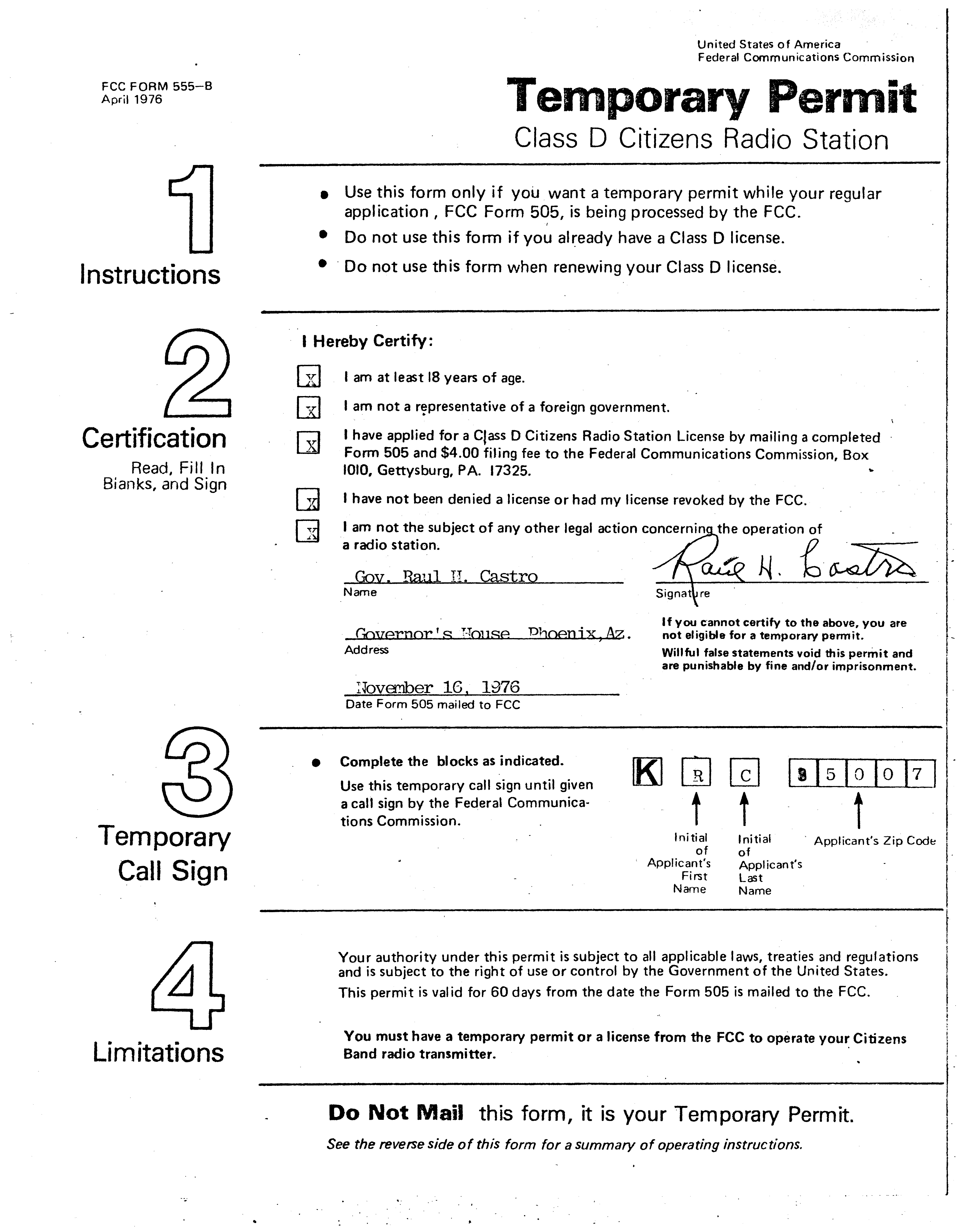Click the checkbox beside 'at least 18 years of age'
coord(308,377)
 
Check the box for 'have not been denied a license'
coord(308,499)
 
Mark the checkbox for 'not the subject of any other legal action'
coord(308,530)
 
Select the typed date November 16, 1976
coord(438,687)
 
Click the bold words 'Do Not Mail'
coord(396,1113)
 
